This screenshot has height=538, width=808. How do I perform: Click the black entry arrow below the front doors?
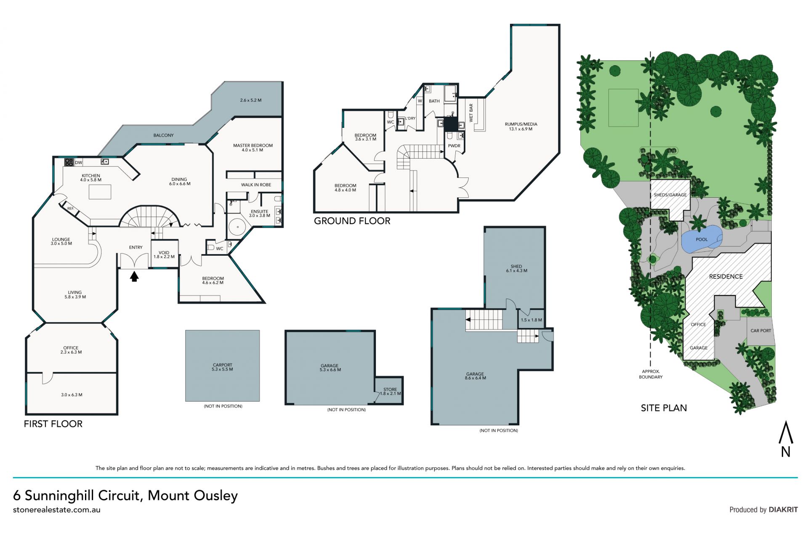click(134, 276)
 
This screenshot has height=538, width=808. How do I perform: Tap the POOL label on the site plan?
click(702, 239)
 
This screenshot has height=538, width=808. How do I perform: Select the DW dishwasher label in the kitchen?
click(79, 162)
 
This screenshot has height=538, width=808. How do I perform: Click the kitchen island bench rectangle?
click(100, 192)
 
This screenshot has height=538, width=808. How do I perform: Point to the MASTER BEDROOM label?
click(253, 146)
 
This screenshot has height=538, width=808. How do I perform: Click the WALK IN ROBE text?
click(256, 185)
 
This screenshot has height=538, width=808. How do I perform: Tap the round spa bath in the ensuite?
click(238, 228)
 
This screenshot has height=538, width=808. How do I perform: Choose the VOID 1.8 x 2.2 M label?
click(164, 254)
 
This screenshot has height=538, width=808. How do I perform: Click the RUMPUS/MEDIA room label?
click(521, 126)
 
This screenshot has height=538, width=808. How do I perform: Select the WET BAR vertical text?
click(471, 113)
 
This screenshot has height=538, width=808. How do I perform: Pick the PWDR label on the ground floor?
click(454, 146)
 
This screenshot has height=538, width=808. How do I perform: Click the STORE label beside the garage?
click(390, 390)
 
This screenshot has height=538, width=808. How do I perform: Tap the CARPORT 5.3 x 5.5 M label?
click(222, 367)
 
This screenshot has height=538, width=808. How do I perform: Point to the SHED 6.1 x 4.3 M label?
click(516, 268)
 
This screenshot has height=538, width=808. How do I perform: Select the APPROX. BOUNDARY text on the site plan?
click(651, 374)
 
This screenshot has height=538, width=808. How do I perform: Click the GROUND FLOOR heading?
click(352, 221)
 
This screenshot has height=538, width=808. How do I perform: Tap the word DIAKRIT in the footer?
click(783, 509)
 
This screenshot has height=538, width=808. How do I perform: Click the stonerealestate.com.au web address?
click(57, 510)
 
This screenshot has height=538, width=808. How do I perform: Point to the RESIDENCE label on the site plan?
click(726, 276)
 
